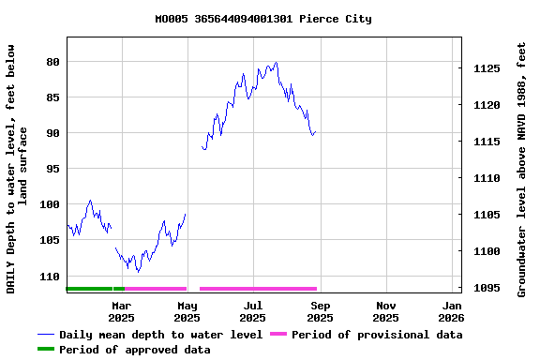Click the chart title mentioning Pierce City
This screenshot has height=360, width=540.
click(x=262, y=19)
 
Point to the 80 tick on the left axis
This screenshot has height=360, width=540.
click(x=52, y=62)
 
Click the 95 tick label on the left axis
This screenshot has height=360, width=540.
click(x=52, y=169)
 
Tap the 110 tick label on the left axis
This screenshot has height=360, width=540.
click(x=49, y=277)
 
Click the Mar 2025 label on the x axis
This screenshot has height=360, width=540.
click(x=121, y=312)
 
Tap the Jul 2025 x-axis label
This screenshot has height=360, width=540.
click(x=253, y=312)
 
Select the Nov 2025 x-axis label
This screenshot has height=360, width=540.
click(x=385, y=312)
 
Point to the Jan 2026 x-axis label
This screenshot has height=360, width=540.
click(x=452, y=312)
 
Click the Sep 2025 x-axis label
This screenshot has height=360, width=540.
click(x=320, y=312)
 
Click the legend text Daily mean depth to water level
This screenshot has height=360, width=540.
click(x=160, y=335)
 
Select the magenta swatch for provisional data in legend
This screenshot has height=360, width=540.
click(x=277, y=335)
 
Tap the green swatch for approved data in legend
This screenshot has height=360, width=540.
click(x=46, y=350)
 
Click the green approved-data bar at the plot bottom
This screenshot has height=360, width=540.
click(x=94, y=289)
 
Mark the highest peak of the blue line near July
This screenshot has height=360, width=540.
click(x=276, y=63)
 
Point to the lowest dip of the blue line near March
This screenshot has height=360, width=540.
click(x=138, y=272)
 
